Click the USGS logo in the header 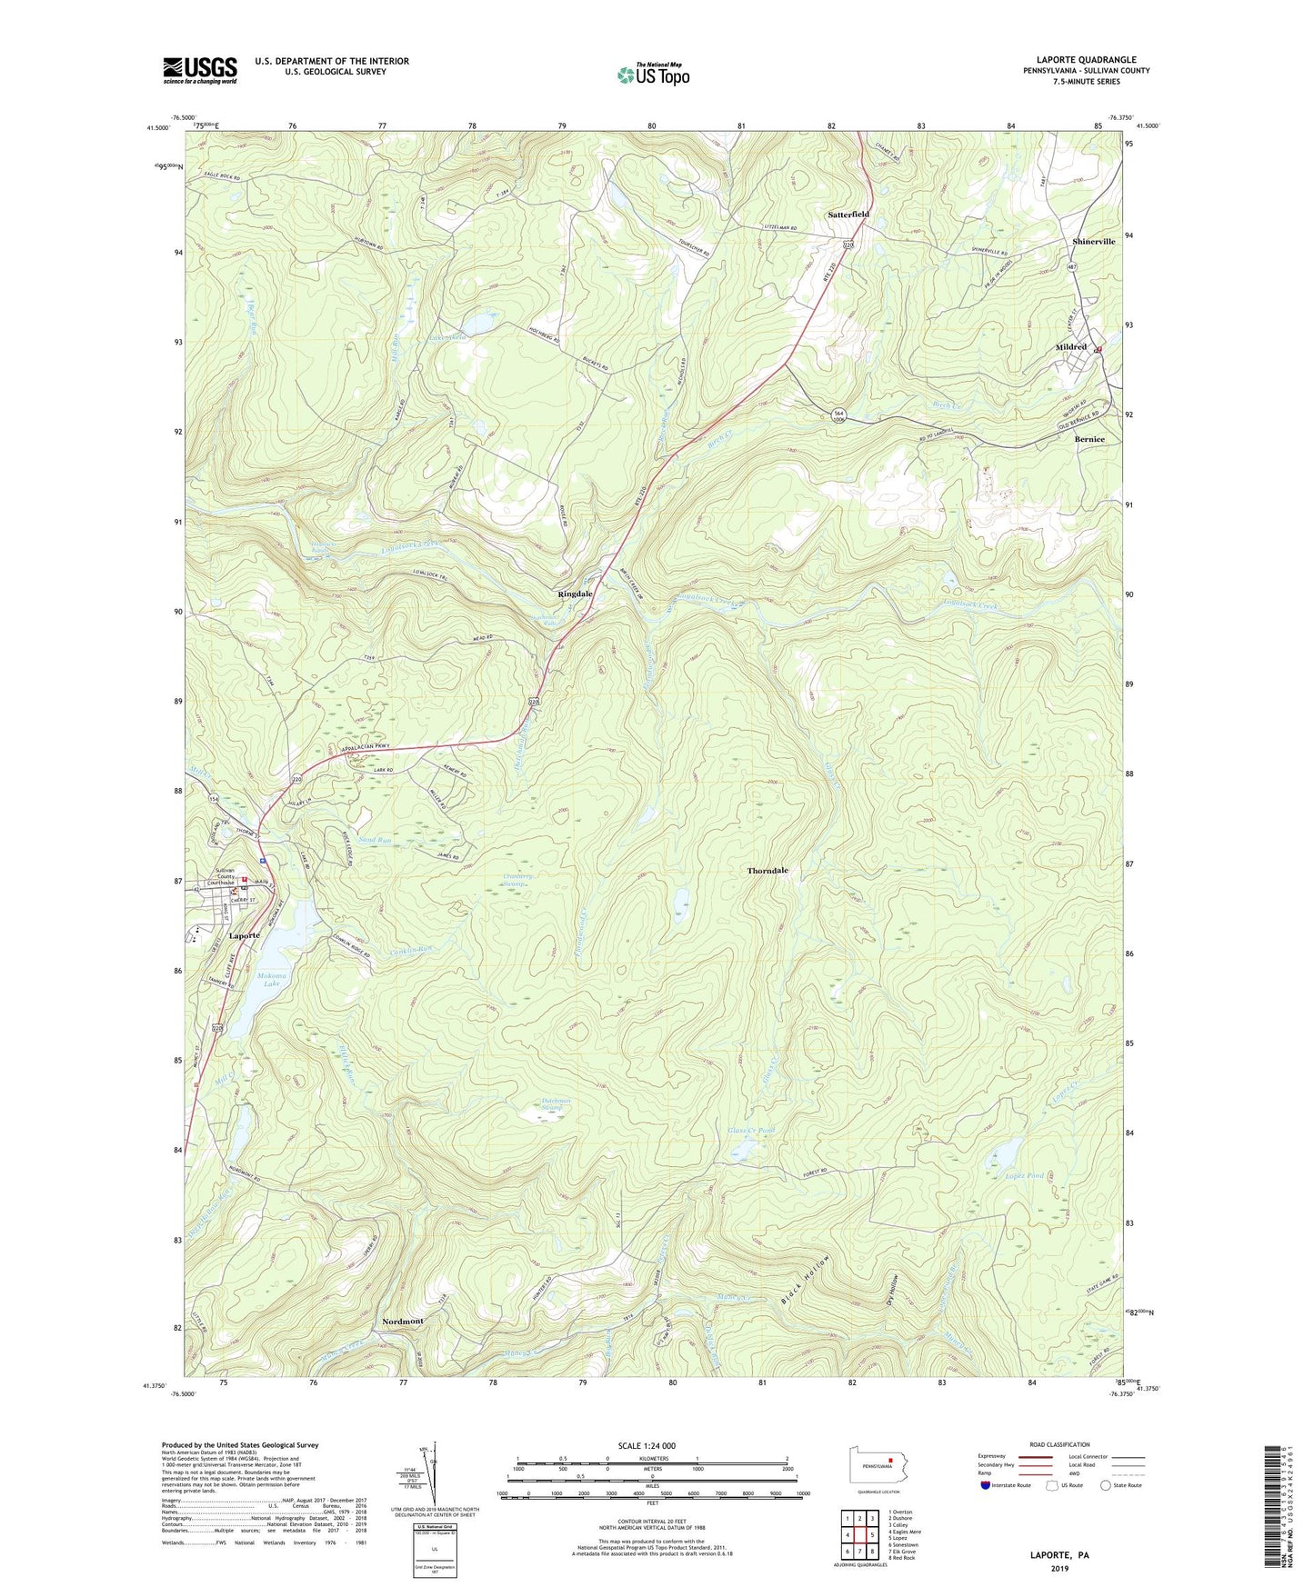tap(200, 70)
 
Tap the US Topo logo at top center tap(653, 75)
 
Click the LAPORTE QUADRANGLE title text tap(1086, 60)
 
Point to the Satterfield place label tap(848, 215)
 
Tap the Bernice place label tap(1089, 439)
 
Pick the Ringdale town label tap(575, 594)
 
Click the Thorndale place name tap(767, 871)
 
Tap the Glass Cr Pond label tap(751, 1131)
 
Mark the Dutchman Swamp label tap(553, 1105)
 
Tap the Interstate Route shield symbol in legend tap(986, 1486)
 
